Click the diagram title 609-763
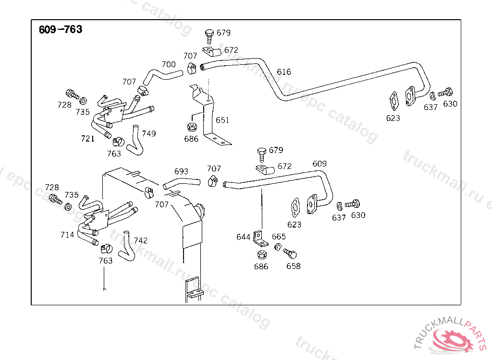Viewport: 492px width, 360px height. coord(61,30)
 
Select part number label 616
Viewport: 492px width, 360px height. coord(284,72)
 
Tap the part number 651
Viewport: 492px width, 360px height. coord(222,120)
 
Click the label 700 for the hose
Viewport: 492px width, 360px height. coord(169,64)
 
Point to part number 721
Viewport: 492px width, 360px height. coord(87,139)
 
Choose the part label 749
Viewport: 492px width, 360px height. coord(149,133)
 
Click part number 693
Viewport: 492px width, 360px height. coord(181,171)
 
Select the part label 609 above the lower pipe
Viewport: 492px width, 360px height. coord(320,164)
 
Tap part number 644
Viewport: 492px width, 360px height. coord(244,237)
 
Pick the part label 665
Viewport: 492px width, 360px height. coord(279,237)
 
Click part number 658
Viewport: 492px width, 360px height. coord(293,266)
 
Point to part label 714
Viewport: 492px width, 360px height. coord(67,235)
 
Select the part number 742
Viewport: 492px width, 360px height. coord(141,240)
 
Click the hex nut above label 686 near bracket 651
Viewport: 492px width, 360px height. coord(191,128)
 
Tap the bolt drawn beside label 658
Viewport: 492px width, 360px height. coord(290,253)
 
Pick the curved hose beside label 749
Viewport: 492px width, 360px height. coord(136,142)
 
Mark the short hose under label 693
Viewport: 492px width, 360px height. coord(182,183)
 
